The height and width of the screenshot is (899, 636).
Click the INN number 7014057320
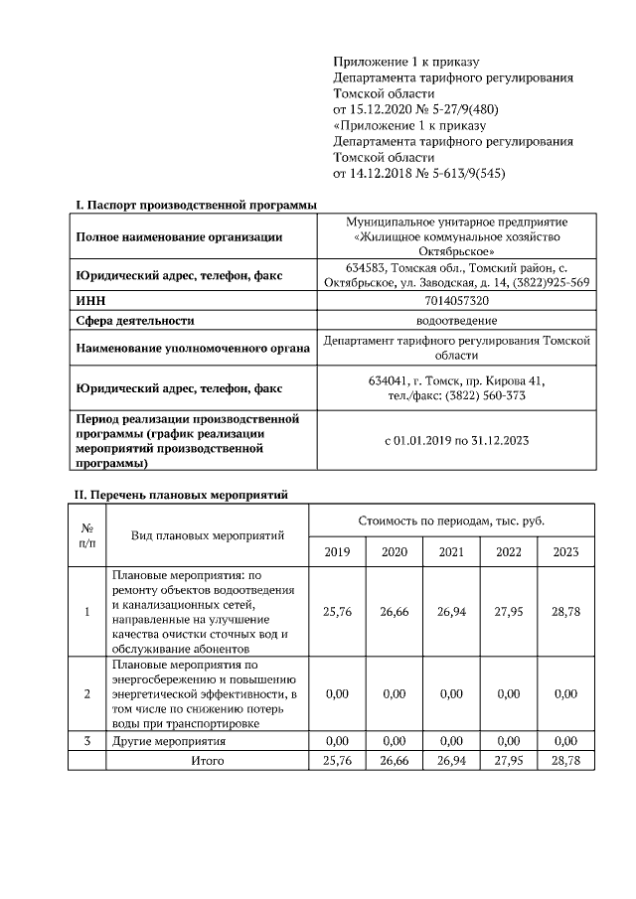[456, 300]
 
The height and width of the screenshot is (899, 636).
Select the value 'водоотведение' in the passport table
[456, 320]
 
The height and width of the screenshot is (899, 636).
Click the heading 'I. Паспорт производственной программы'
[196, 205]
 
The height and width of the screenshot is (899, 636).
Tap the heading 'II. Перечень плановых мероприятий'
[182, 494]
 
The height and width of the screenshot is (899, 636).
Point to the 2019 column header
[338, 552]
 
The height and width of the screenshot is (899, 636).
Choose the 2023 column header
[565, 552]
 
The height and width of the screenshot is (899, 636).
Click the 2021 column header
[451, 552]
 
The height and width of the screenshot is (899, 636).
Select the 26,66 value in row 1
[395, 612]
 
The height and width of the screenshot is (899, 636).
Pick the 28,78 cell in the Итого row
[565, 760]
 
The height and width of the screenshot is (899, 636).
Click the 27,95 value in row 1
[508, 612]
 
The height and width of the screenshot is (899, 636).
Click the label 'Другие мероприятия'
[169, 741]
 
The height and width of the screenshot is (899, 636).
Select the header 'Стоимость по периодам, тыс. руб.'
[451, 522]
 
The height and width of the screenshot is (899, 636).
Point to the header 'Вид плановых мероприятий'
[208, 535]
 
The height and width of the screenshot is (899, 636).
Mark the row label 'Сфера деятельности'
[135, 320]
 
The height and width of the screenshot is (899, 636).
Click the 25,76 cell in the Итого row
[338, 760]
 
